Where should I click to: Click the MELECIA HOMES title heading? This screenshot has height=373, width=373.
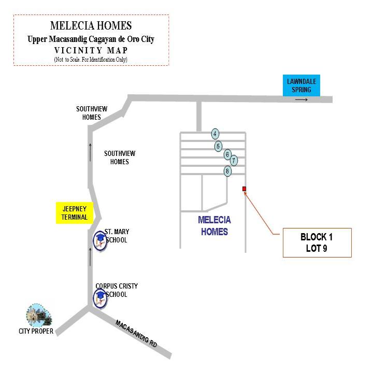[91, 26]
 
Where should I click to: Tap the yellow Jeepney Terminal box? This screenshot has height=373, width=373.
[75, 213]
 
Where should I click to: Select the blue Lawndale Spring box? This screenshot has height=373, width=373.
[302, 85]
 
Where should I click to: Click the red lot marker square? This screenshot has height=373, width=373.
[244, 189]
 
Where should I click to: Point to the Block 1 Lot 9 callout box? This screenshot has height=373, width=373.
[317, 242]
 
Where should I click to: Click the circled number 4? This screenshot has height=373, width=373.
[215, 134]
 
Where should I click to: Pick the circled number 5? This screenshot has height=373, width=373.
[218, 146]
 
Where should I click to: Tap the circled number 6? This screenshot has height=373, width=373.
[227, 154]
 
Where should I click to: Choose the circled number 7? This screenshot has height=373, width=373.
[234, 160]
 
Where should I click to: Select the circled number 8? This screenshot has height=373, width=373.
[227, 171]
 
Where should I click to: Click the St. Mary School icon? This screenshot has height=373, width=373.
[100, 241]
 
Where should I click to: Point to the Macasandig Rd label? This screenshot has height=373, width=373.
[136, 334]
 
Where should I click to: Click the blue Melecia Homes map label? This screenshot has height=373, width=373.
[214, 226]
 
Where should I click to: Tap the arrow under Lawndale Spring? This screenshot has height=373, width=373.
[302, 99]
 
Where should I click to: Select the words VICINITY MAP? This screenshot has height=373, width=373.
[91, 50]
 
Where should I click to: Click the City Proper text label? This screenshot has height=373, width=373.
[36, 331]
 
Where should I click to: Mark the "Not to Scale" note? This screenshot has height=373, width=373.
[91, 60]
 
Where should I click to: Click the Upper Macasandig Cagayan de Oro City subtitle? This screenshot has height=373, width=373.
[91, 39]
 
